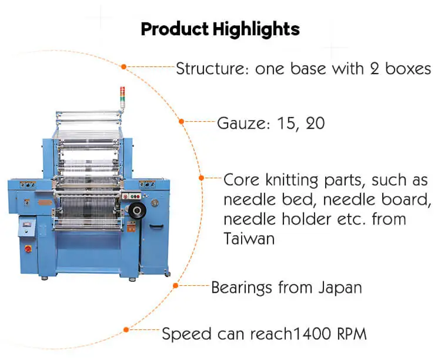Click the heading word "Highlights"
pyautogui.click(x=257, y=29)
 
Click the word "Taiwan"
pyautogui.click(x=250, y=239)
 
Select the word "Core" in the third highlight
pyautogui.click(x=243, y=179)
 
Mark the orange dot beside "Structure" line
pyautogui.click(x=123, y=66)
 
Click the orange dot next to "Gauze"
pyautogui.click(x=181, y=122)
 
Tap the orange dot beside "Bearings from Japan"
pyautogui.click(x=175, y=286)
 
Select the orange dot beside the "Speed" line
pyautogui.click(x=125, y=331)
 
